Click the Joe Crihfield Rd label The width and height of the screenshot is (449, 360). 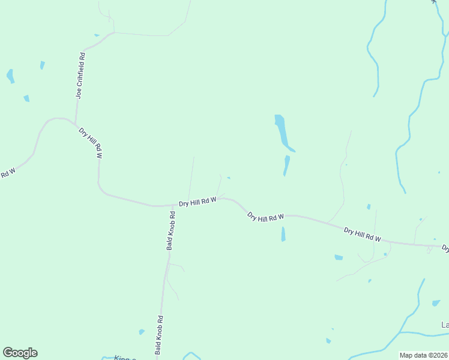(80, 76)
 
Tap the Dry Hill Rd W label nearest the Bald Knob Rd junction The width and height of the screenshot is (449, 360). (197, 203)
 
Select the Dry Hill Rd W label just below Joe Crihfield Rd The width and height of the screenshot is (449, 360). (91, 142)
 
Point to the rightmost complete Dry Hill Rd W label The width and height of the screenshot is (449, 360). (363, 234)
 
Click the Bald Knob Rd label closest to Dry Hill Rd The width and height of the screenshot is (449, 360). (172, 231)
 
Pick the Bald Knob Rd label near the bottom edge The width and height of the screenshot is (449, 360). (159, 335)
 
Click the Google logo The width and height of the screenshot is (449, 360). (20, 353)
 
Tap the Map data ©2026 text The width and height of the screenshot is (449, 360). (423, 355)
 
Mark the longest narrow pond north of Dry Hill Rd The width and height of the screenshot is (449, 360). (282, 132)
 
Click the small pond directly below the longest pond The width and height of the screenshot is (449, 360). (286, 166)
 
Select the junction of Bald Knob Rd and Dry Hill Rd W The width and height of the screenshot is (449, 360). (173, 205)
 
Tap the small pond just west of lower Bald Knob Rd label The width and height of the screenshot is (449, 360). (142, 332)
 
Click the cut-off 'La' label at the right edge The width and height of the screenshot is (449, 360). (445, 325)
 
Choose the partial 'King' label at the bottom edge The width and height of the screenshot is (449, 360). (125, 358)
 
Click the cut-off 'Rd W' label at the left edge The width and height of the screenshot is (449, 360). (7, 173)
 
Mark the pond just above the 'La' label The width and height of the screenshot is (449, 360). (436, 303)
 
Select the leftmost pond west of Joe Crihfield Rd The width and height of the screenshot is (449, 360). (10, 76)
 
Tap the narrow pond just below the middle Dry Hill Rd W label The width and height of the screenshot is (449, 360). (283, 234)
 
